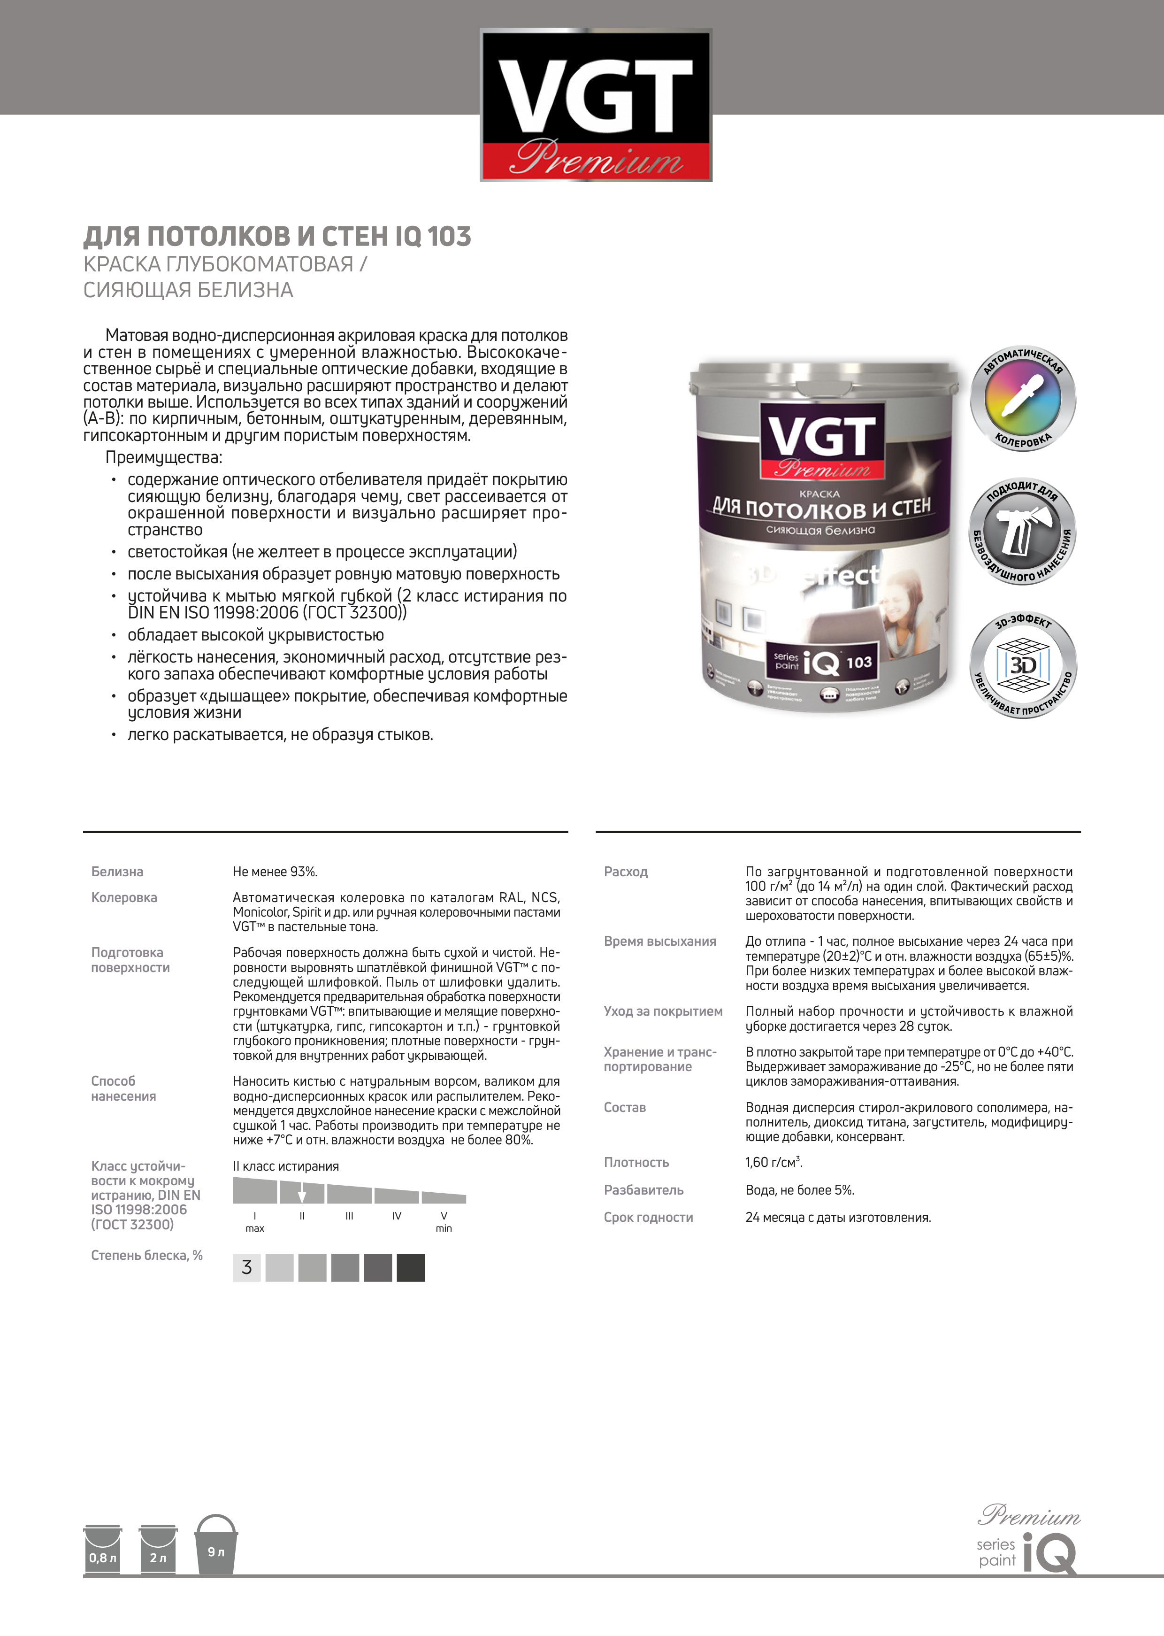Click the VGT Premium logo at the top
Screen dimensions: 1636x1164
(x=596, y=105)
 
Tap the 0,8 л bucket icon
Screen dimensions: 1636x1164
(x=102, y=1551)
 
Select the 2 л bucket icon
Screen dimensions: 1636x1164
(x=158, y=1551)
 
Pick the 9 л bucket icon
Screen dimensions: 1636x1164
(x=216, y=1546)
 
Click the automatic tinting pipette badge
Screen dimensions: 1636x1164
(x=1023, y=399)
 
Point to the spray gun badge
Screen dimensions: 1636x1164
(x=1023, y=531)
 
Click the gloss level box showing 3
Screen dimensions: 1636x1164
(x=246, y=1267)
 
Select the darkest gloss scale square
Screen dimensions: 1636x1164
(x=411, y=1267)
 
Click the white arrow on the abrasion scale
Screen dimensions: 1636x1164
(x=302, y=1195)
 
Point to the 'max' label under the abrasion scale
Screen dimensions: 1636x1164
(x=254, y=1228)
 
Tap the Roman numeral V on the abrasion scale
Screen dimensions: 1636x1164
(x=444, y=1216)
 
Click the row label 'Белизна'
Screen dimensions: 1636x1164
(x=117, y=872)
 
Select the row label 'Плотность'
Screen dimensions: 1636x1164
(x=636, y=1162)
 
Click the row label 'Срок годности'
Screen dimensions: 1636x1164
(x=648, y=1217)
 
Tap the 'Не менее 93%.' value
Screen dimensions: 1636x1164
(x=275, y=872)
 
